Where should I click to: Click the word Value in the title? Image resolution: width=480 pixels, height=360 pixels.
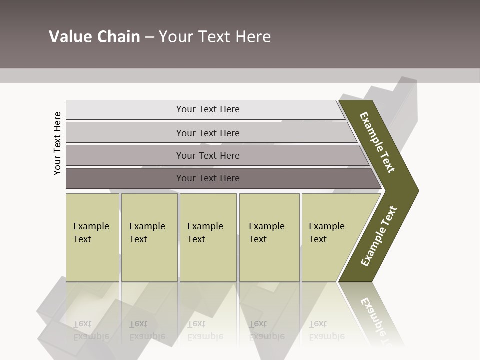pyautogui.click(x=69, y=37)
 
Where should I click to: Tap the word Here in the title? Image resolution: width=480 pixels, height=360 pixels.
pyautogui.click(x=253, y=37)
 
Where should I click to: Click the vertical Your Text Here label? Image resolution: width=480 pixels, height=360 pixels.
pyautogui.click(x=57, y=143)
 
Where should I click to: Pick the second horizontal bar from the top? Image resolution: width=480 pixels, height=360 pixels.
pyautogui.click(x=208, y=133)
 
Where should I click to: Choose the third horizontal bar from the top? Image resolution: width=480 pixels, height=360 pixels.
pyautogui.click(x=208, y=155)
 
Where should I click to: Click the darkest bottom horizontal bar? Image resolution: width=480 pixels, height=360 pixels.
pyautogui.click(x=208, y=178)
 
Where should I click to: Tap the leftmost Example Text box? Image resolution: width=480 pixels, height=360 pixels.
pyautogui.click(x=92, y=237)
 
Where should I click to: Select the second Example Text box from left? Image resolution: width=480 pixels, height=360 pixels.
pyautogui.click(x=149, y=237)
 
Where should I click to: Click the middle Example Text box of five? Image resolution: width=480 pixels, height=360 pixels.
pyautogui.click(x=207, y=237)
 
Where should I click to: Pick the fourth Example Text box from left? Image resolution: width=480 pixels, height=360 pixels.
pyautogui.click(x=269, y=237)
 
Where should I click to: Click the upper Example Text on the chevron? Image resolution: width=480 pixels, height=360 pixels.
pyautogui.click(x=377, y=142)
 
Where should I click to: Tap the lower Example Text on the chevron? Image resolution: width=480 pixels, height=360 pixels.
pyautogui.click(x=379, y=236)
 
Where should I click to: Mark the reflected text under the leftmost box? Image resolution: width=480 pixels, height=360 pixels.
pyautogui.click(x=91, y=331)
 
